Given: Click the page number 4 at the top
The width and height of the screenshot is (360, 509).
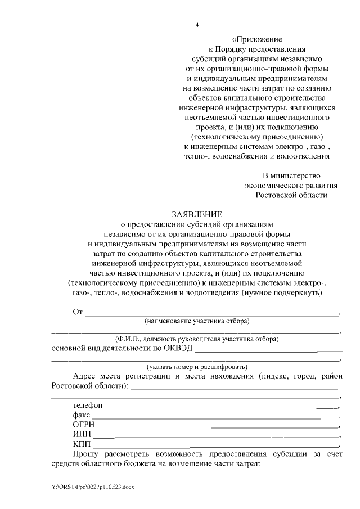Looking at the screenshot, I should [x=197, y=25].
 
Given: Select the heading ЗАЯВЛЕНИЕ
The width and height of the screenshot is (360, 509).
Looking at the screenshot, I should [x=197, y=214].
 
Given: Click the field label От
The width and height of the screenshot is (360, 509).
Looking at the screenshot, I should [x=78, y=312].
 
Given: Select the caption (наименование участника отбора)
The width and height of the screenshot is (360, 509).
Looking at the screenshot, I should [x=197, y=321].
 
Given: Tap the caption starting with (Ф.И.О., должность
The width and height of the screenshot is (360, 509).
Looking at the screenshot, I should [x=197, y=339].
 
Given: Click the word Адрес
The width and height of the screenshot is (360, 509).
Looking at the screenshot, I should [x=85, y=376].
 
